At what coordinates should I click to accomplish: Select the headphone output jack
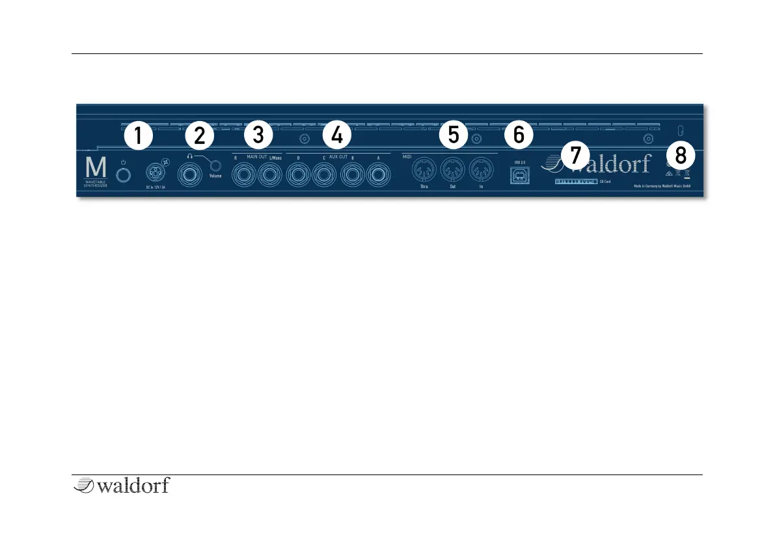189,174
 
